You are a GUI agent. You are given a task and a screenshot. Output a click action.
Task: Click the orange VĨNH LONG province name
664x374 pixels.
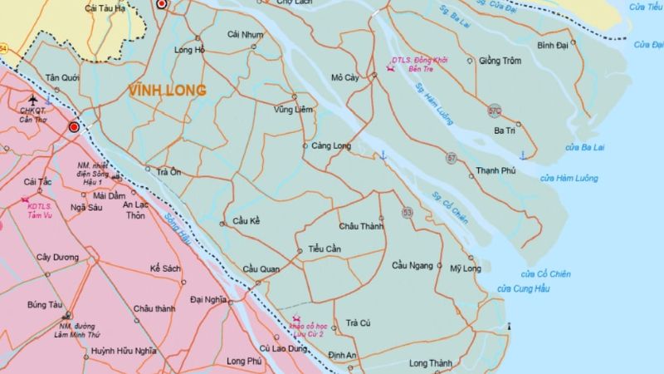pos(167,90)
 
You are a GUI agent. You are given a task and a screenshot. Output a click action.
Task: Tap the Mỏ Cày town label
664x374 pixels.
pos(344,78)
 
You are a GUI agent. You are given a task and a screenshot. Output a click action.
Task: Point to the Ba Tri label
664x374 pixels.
pos(505,130)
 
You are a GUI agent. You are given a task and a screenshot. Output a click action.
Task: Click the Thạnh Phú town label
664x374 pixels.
pos(496,171)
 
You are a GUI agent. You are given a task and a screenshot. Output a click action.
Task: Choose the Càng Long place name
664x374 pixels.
pos(332,146)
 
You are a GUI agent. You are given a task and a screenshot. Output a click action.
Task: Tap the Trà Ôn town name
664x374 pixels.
pos(168,172)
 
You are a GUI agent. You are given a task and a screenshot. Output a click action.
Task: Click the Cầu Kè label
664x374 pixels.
pos(247,221)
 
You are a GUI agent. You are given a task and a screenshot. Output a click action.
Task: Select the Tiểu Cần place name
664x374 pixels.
pos(325,249)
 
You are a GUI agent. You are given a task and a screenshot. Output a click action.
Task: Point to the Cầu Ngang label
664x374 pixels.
pos(413,265)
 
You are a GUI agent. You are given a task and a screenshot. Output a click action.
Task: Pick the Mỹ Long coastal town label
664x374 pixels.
pos(466,268)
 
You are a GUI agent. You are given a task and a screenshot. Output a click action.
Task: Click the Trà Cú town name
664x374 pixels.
pos(358,322)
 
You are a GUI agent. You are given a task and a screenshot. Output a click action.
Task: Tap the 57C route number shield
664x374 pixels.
pos(495,111)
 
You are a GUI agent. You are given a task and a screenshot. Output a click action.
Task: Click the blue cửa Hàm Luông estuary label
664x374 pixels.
pos(569,178)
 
